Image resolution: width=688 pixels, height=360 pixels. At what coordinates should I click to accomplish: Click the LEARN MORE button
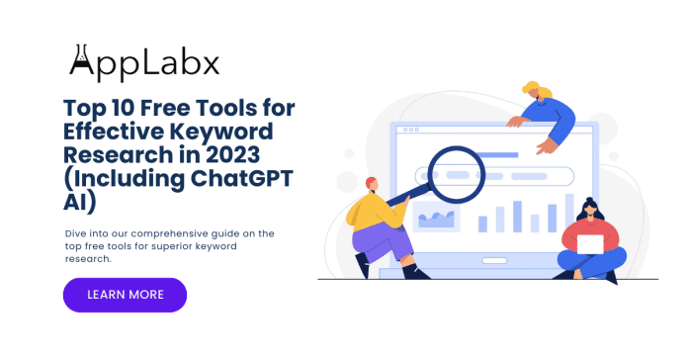pyautogui.click(x=126, y=295)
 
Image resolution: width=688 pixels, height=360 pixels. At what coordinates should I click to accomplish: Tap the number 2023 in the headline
pyautogui.click(x=233, y=154)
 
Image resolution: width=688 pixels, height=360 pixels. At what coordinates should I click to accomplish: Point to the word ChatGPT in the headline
pyautogui.click(x=242, y=178)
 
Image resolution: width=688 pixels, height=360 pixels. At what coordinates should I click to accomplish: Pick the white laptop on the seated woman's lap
pyautogui.click(x=590, y=244)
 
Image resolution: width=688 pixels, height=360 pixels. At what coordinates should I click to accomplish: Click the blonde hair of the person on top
pyautogui.click(x=537, y=89)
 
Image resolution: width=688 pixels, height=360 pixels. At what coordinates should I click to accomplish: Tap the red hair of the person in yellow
pyautogui.click(x=372, y=182)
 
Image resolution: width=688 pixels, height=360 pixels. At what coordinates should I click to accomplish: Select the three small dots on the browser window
pyautogui.click(x=410, y=130)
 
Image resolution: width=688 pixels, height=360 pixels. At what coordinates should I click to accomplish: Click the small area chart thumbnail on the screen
pyautogui.click(x=436, y=217)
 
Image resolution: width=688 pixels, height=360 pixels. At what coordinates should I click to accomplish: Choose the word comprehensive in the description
pyautogui.click(x=169, y=233)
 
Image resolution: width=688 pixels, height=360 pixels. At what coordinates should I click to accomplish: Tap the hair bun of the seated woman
pyautogui.click(x=590, y=201)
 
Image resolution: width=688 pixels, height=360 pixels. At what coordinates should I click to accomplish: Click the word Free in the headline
pyautogui.click(x=164, y=108)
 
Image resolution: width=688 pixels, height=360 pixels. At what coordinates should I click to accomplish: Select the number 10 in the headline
pyautogui.click(x=124, y=108)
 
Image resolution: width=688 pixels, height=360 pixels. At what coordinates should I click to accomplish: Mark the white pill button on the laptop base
pyautogui.click(x=494, y=261)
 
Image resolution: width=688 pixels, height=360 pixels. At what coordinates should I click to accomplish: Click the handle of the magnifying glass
pyautogui.click(x=408, y=196)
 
